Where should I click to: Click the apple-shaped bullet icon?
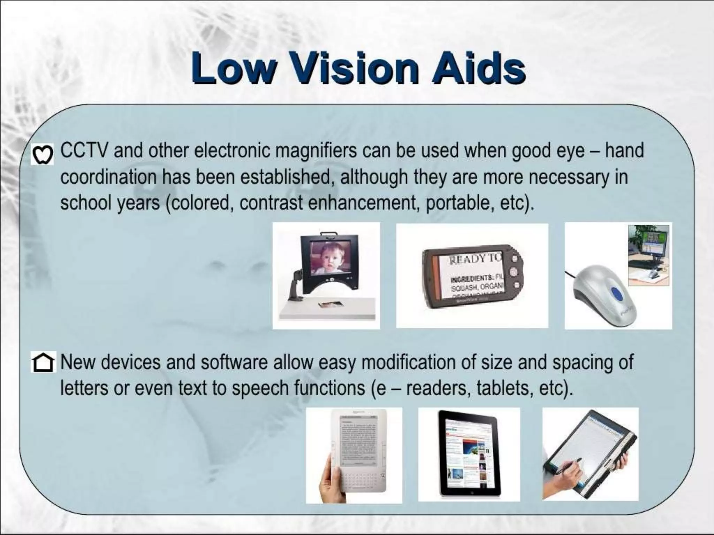pyautogui.click(x=42, y=155)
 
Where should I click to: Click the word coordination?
pyautogui.click(x=108, y=177)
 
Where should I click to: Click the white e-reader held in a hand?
pyautogui.click(x=359, y=453)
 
